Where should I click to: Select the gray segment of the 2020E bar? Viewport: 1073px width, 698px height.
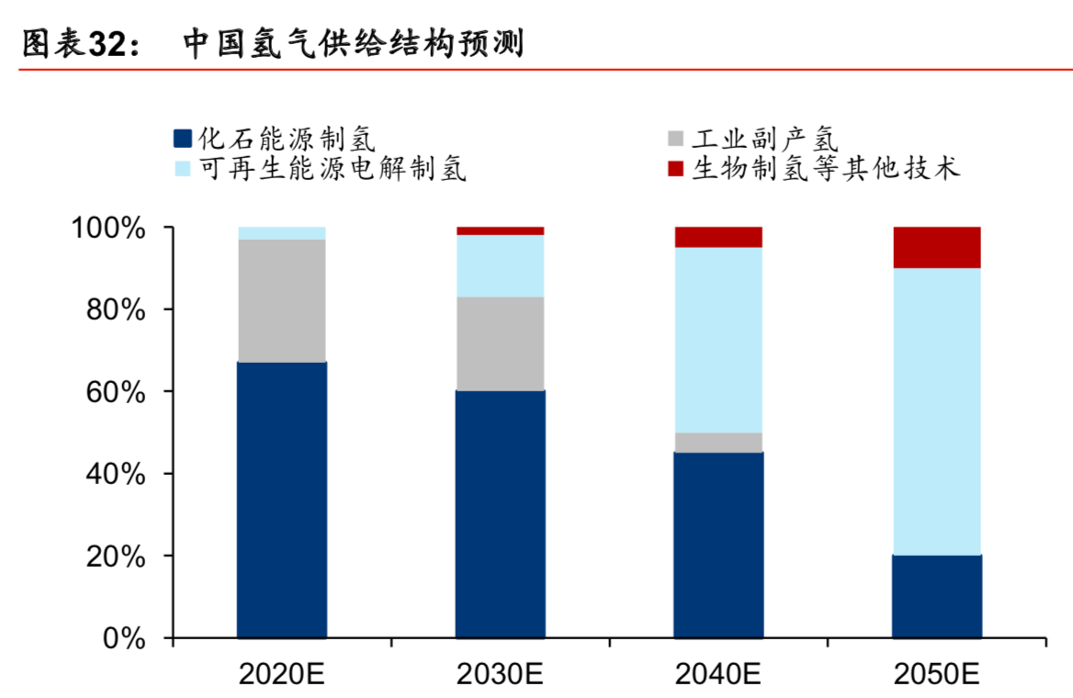coord(281,300)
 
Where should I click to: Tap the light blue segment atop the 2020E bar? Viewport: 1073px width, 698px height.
coord(281,233)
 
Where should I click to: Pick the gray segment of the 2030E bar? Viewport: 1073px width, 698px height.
coord(500,343)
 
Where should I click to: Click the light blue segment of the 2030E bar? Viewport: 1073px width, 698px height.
coord(500,265)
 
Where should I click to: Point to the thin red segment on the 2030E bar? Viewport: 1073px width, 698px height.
coord(500,231)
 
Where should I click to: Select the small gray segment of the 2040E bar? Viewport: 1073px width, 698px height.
coord(718,442)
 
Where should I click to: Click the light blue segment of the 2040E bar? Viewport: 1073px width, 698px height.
coord(718,340)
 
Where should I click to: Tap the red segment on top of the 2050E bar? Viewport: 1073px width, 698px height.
coord(936,247)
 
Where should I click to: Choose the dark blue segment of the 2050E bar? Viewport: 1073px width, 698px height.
coord(936,596)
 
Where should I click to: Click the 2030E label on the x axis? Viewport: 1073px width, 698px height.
coord(500,675)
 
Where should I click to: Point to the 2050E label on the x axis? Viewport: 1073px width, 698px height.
coord(936,675)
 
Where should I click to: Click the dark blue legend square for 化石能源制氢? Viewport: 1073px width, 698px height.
coord(182,140)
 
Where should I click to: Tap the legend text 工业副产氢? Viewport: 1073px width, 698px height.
coord(764,140)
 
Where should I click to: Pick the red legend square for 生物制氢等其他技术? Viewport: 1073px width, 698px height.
coord(675,169)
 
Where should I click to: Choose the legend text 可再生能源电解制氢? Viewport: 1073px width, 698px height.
coord(333,169)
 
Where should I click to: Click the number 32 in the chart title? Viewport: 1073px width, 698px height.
coord(108,43)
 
